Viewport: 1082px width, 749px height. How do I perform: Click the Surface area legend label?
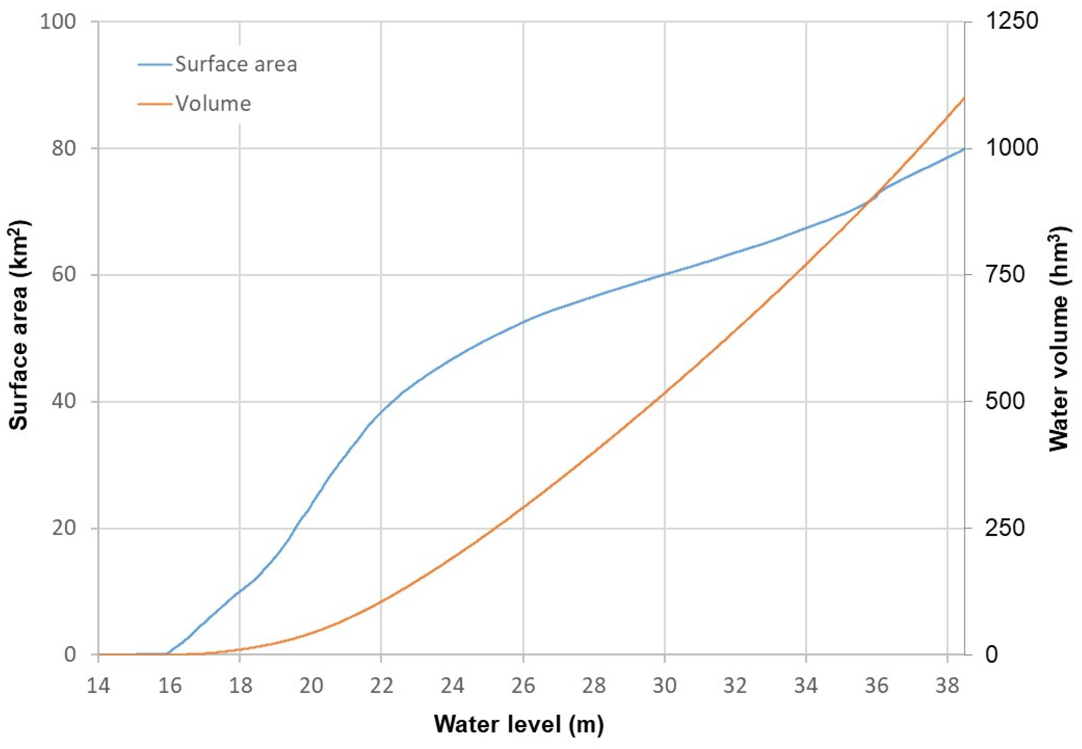pyautogui.click(x=236, y=64)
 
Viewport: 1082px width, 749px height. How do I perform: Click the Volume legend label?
pyautogui.click(x=213, y=104)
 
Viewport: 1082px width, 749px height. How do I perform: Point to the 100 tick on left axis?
pyautogui.click(x=58, y=22)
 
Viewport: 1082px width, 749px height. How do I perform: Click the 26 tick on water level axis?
pyautogui.click(x=523, y=686)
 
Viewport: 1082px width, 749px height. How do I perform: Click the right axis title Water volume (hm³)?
pyautogui.click(x=1059, y=338)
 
